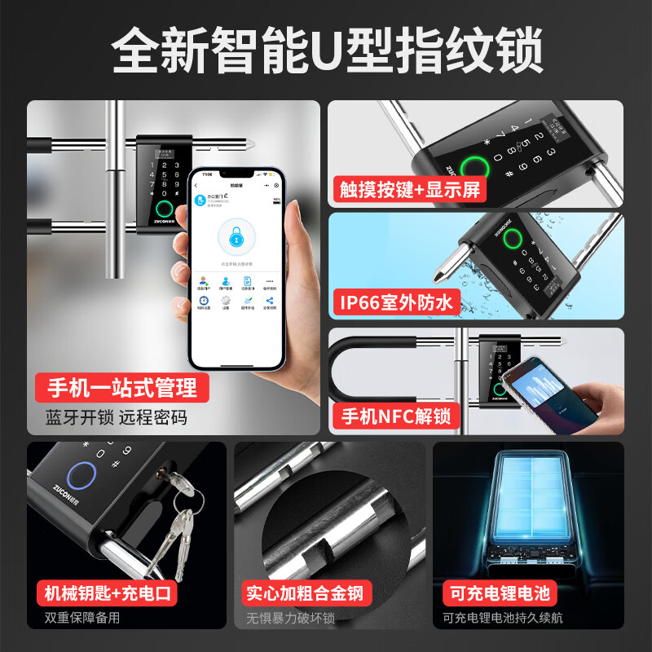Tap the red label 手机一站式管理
pos(121,386)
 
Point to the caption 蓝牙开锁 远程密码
pos(117,417)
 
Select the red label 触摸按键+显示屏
pos(411,189)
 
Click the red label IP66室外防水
pos(397,302)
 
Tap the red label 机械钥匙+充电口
pos(107,593)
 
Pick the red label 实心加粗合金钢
pos(304,593)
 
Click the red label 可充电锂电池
pos(496,593)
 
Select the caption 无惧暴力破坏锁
pos(291,618)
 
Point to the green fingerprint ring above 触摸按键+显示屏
pos(476,167)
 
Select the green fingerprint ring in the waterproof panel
pos(512,240)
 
